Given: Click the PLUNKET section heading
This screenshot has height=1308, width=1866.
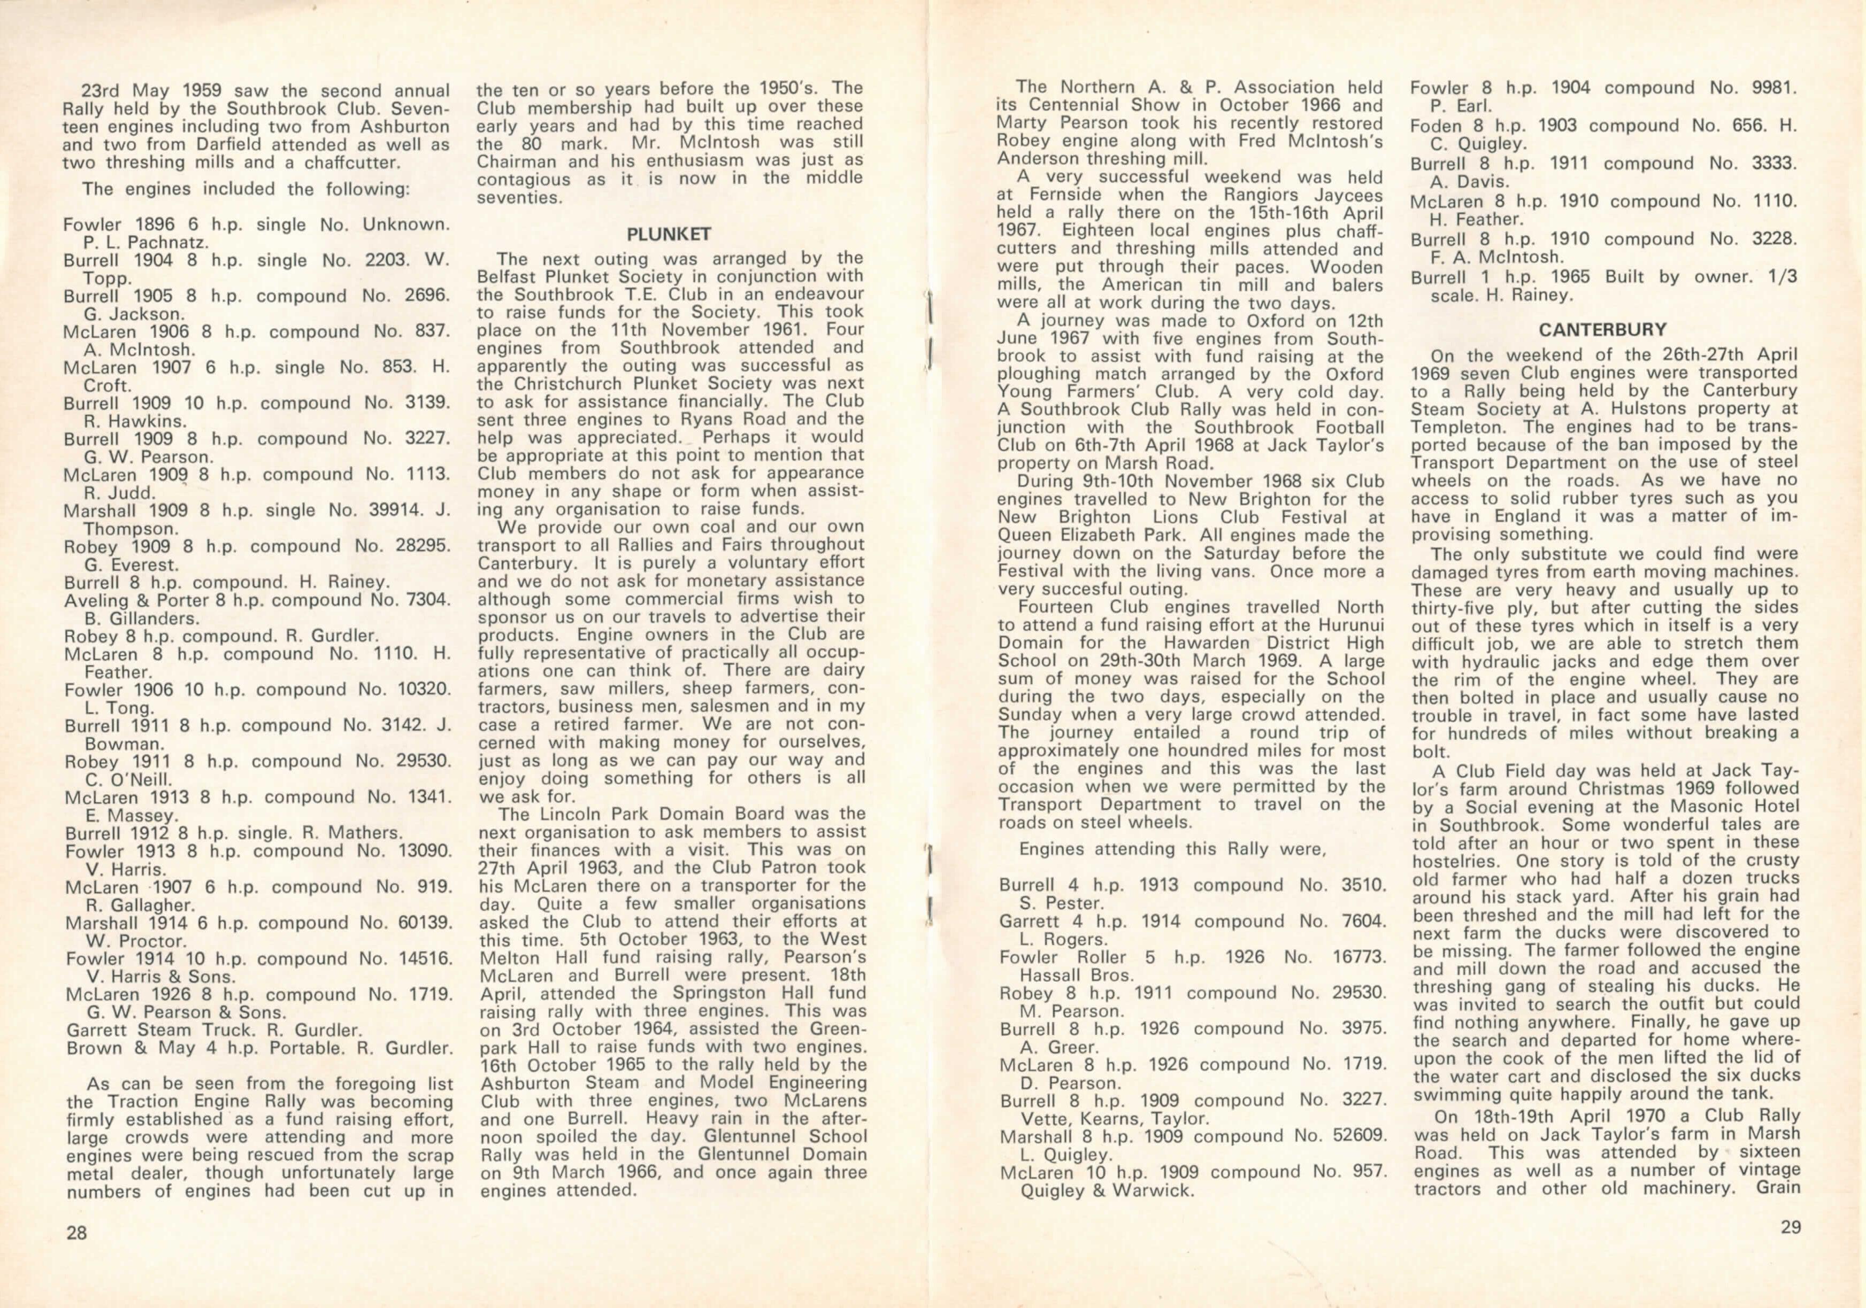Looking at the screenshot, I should click(669, 235).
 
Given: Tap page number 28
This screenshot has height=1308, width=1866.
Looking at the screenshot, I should click(76, 1233).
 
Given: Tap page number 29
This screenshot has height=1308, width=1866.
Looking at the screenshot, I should click(1791, 1227).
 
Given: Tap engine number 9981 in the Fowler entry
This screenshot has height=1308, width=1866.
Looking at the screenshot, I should click(1762, 88).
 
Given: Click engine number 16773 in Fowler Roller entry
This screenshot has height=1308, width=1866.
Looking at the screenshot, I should click(1359, 957).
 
